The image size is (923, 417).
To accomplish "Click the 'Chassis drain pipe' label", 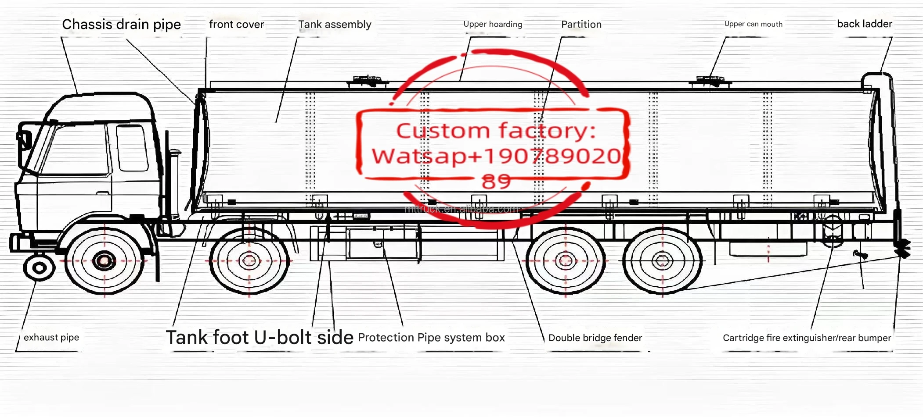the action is point(121,25).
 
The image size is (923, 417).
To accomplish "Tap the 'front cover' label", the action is point(236,25).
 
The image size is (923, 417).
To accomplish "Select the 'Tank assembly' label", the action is point(335,25).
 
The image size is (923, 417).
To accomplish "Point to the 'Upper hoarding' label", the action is point(493,25).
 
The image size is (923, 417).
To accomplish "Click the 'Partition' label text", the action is point(581,25).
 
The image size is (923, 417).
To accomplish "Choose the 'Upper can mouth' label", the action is point(753,24).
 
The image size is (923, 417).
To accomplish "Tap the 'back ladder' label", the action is point(864,24).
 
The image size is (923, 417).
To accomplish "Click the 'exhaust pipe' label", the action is point(51,338).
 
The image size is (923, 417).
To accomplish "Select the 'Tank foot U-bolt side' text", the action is point(259,338).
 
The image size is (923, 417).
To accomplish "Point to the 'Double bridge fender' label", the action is point(595,338).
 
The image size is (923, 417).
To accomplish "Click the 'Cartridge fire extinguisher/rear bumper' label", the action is point(807,338).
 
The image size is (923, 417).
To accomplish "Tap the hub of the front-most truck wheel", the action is point(104,261).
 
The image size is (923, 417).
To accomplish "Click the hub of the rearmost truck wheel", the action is point(662,261).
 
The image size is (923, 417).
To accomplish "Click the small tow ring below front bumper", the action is point(39,267).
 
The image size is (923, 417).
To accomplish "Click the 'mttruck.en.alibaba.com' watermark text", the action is point(461,209).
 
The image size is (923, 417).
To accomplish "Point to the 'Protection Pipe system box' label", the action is point(431,338).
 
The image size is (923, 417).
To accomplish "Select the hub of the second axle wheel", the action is point(249,261).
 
